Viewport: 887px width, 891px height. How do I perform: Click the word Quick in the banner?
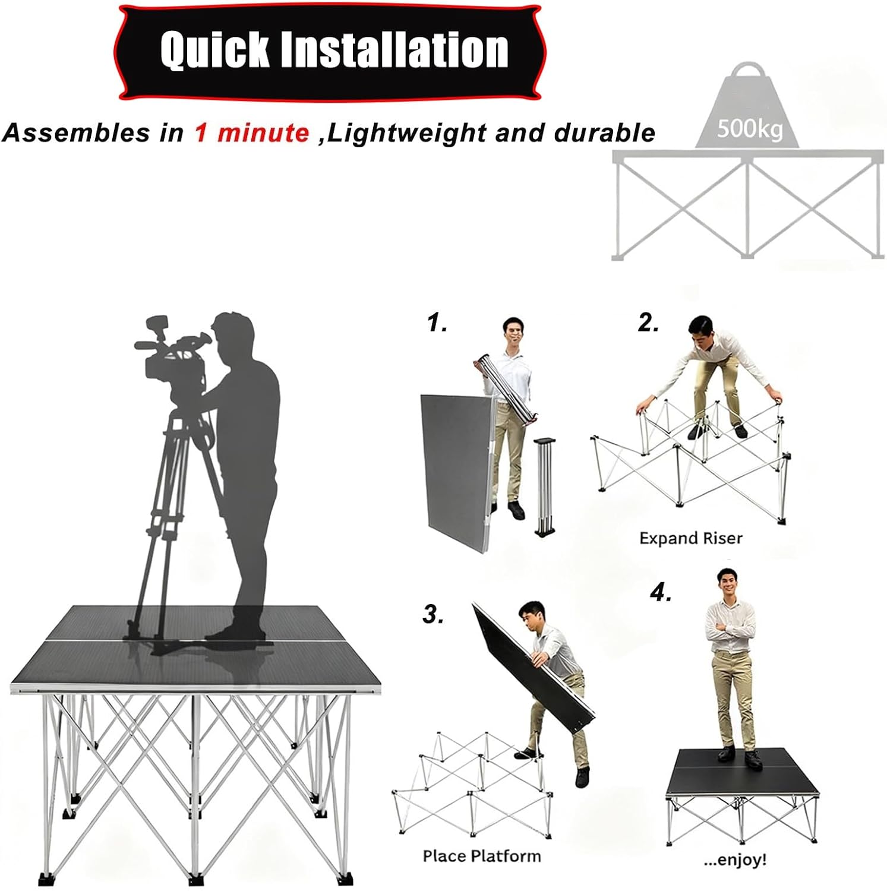tap(215, 50)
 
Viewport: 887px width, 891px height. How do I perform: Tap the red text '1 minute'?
tap(252, 132)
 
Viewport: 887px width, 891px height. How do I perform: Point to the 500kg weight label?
tap(749, 128)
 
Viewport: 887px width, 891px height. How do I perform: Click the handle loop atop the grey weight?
tap(748, 75)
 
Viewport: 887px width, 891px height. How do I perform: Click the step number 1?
tap(437, 323)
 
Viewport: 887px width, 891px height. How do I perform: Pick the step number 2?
tap(648, 323)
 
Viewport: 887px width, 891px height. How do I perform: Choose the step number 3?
tap(433, 614)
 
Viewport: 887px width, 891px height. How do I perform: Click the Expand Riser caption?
tap(690, 538)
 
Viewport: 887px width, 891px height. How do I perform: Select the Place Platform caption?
tap(481, 856)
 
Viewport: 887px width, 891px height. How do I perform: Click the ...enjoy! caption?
tap(735, 860)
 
